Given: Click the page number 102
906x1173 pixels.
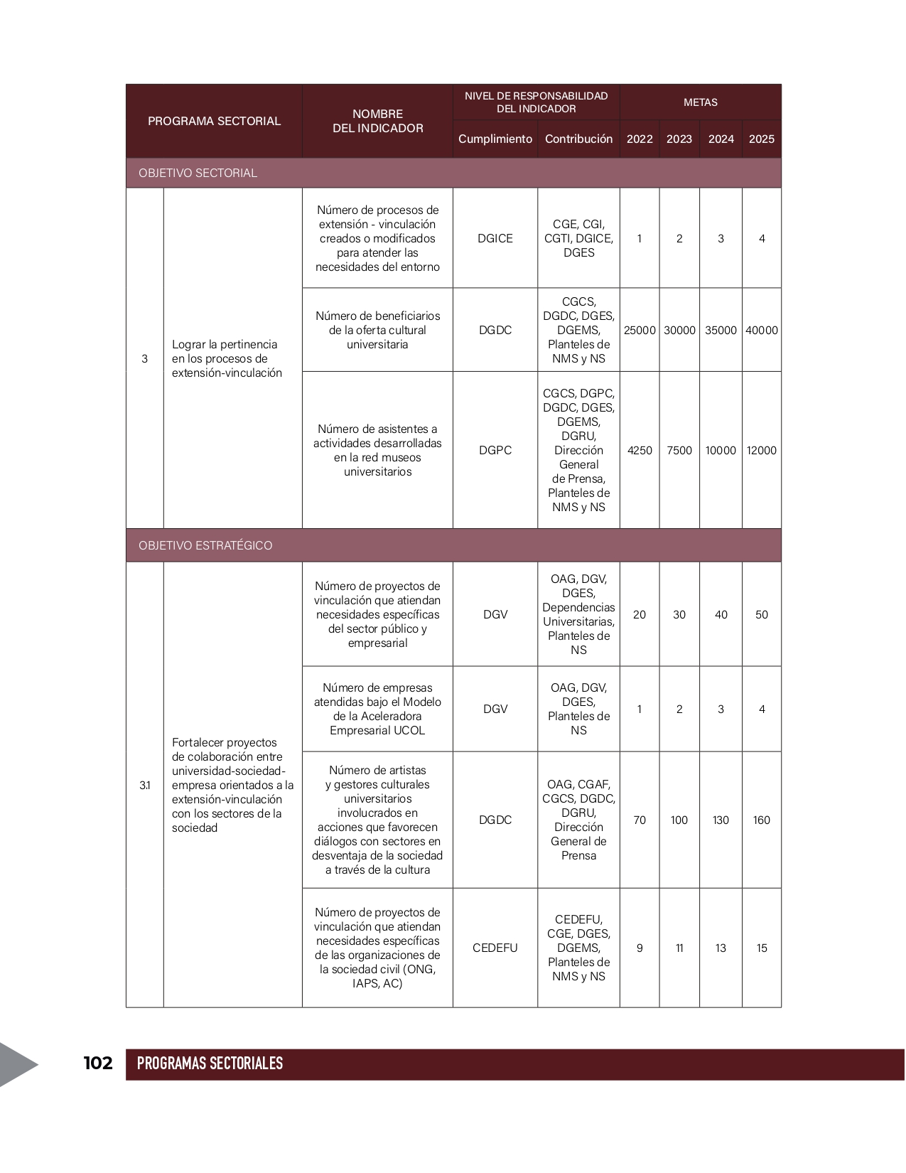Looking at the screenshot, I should click(98, 1063).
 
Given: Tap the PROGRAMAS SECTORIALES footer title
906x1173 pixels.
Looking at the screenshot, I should click(210, 1064).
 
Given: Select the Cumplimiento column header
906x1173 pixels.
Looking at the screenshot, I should click(495, 139).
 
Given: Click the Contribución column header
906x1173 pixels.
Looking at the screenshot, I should click(578, 139).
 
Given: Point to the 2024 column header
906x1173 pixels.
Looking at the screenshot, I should click(721, 139).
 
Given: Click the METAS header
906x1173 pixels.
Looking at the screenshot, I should click(700, 102).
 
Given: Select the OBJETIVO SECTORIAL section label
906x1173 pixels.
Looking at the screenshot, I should click(198, 173).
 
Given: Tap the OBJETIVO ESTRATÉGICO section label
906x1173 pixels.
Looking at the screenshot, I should click(205, 545).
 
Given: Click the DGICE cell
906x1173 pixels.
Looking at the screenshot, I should click(495, 238).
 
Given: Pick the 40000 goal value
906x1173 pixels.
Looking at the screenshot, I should click(761, 330).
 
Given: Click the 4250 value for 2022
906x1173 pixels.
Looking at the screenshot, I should click(640, 450).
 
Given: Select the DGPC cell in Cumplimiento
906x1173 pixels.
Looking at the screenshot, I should click(495, 450).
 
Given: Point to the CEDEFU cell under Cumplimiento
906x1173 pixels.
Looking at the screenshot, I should click(495, 948).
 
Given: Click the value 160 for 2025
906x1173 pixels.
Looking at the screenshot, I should click(761, 820).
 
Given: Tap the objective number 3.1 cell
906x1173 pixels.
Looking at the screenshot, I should click(145, 785).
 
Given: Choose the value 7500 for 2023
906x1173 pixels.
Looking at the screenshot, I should click(679, 450).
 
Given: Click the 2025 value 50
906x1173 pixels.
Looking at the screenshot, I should click(761, 614).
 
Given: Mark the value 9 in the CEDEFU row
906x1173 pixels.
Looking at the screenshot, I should click(640, 948).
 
